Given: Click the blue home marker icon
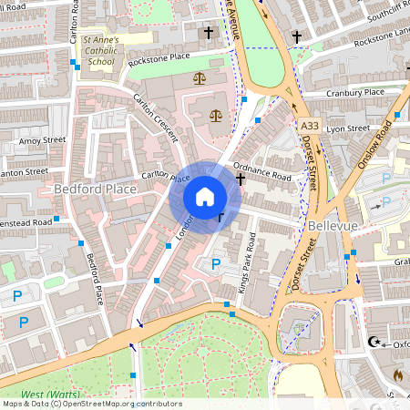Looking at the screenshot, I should point(205,197).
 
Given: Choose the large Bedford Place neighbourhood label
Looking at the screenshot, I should point(95,189).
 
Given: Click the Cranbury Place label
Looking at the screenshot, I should point(355,93).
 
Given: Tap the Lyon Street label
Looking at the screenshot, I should point(348,129).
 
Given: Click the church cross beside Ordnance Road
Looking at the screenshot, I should point(241,179).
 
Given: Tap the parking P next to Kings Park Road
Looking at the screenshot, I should point(216,263).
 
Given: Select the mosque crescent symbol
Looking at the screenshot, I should point(372,343).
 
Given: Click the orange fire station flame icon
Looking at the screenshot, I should point(397,374).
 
